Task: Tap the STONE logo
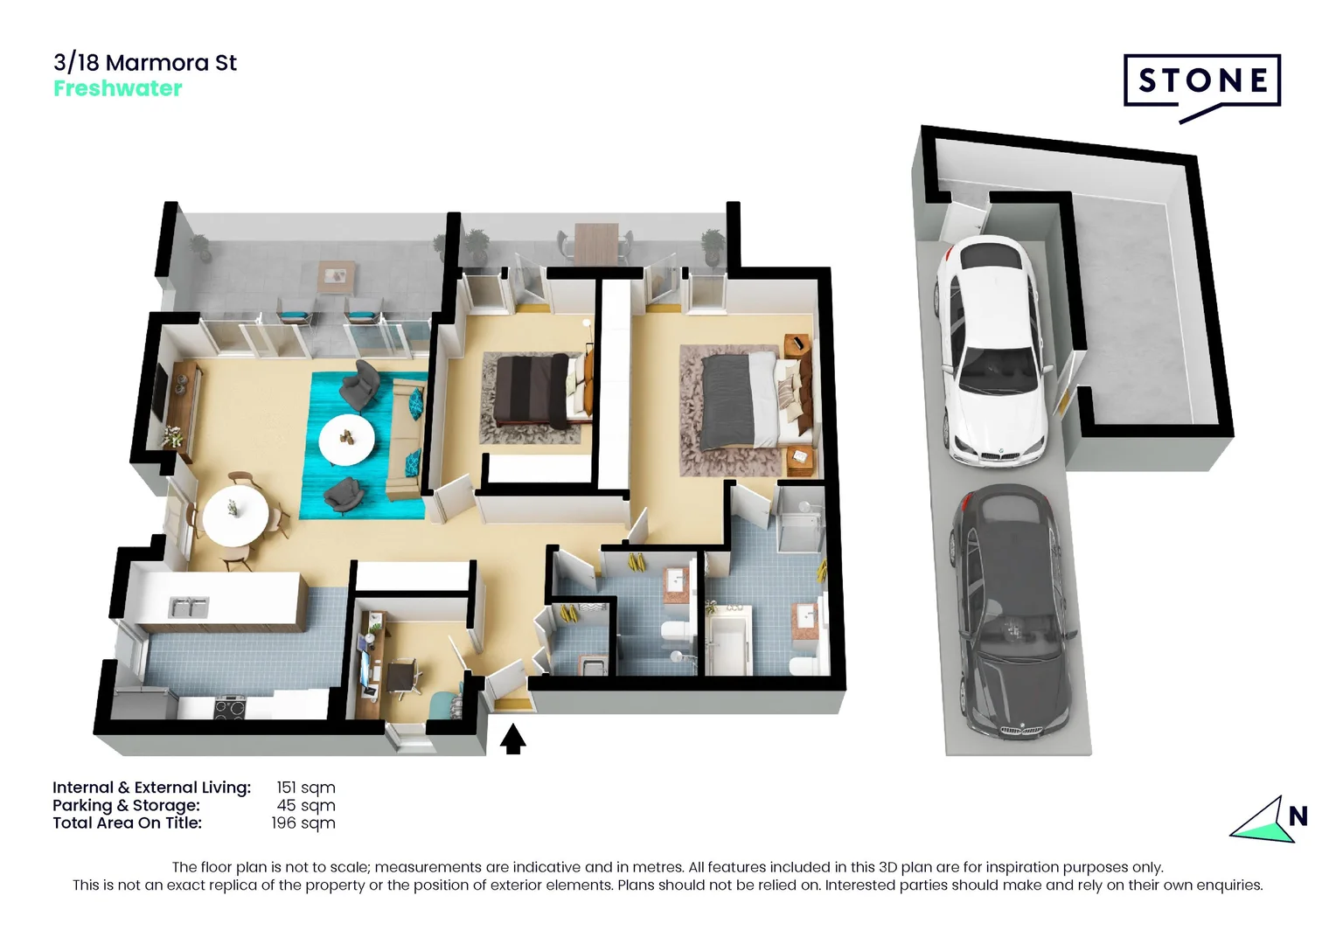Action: click(x=1201, y=82)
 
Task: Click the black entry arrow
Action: click(x=513, y=739)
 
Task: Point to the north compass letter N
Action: click(x=1298, y=816)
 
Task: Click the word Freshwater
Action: click(x=118, y=88)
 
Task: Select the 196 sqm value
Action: click(x=303, y=823)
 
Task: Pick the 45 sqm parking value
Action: click(x=306, y=805)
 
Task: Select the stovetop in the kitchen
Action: click(x=231, y=705)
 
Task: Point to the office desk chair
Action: click(x=403, y=677)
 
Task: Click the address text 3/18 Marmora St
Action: click(x=145, y=63)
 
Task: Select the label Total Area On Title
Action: click(x=127, y=823)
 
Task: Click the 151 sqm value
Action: click(x=305, y=788)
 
